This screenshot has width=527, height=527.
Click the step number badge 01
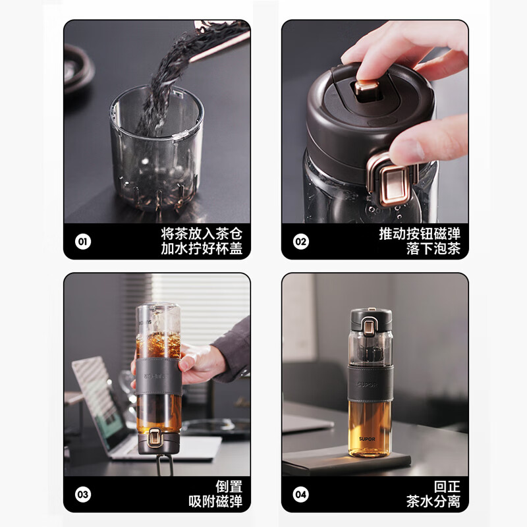pyautogui.click(x=83, y=241)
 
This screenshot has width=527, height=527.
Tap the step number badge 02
pyautogui.click(x=300, y=241)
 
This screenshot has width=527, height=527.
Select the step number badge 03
pyautogui.click(x=83, y=494)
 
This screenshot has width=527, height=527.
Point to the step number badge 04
pyautogui.click(x=300, y=494)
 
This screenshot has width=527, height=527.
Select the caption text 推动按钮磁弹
pyautogui.click(x=420, y=233)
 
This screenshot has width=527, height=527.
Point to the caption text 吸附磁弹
pyautogui.click(x=216, y=502)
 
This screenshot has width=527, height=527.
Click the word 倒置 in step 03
pyautogui.click(x=231, y=486)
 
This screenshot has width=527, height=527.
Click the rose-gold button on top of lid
pyautogui.click(x=363, y=89)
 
